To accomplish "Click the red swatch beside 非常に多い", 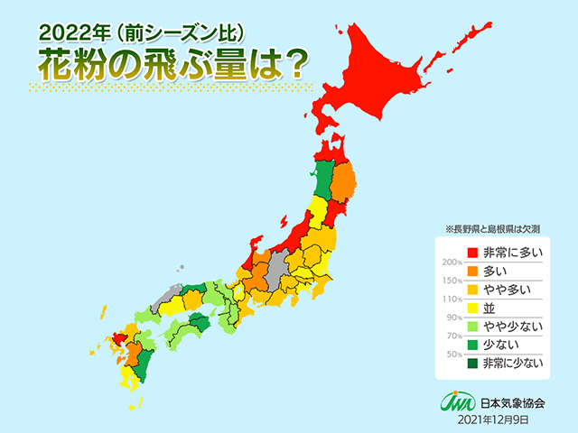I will coord(471,253).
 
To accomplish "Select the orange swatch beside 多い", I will coord(471,271).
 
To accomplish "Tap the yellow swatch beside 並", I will coord(471,308).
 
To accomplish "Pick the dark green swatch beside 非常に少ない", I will coord(471,364).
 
